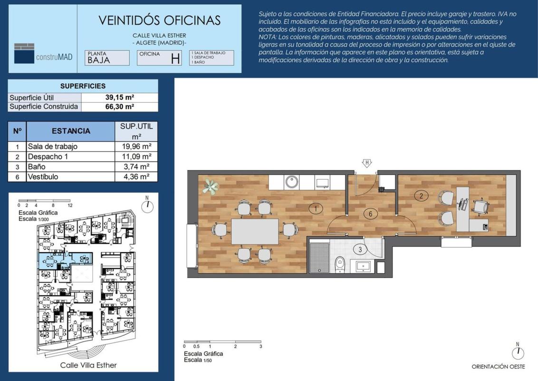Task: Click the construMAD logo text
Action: [x=54, y=57]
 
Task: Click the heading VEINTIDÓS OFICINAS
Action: [x=160, y=20]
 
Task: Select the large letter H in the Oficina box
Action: [x=175, y=59]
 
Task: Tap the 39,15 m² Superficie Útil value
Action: [x=120, y=97]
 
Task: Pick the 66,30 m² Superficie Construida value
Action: [x=120, y=107]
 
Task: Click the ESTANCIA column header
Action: [x=71, y=131]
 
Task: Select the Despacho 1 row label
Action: [x=48, y=157]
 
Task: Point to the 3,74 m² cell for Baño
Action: [x=136, y=167]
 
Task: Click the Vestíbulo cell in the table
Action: [x=43, y=177]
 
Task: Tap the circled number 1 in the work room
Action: [x=315, y=209]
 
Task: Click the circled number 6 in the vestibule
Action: [x=371, y=214]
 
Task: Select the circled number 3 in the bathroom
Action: [x=360, y=250]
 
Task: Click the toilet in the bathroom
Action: [x=339, y=264]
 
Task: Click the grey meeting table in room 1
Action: [x=255, y=231]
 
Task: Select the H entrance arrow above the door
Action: [x=367, y=163]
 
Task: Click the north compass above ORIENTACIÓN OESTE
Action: [x=518, y=353]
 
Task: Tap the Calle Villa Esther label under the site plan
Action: [x=88, y=365]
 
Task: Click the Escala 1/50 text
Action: [x=198, y=360]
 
